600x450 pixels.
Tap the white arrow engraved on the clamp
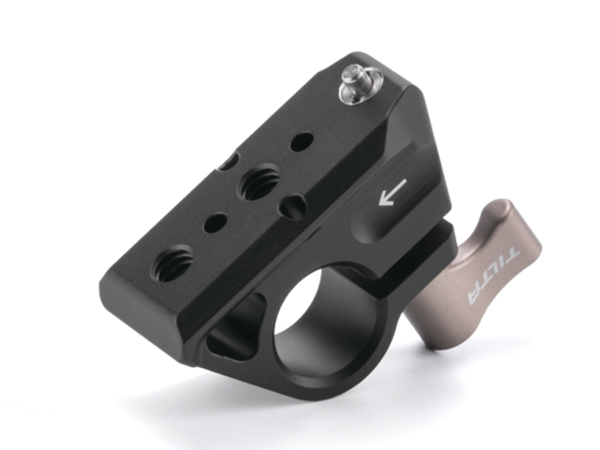click(x=393, y=192)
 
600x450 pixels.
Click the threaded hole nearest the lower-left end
click(x=173, y=263)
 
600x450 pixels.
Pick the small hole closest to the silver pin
click(x=302, y=141)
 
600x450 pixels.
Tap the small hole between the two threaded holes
click(x=215, y=223)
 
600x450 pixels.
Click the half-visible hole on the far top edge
click(x=228, y=161)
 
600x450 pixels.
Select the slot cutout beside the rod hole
click(x=234, y=326)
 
